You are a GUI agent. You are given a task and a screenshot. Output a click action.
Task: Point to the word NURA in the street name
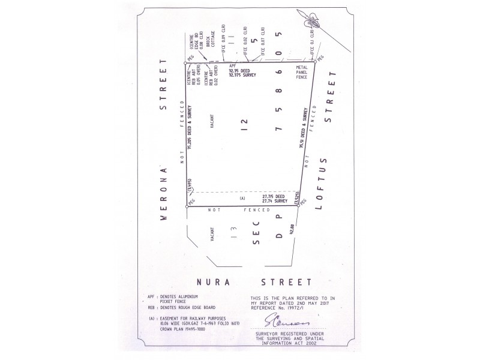coord(215,281)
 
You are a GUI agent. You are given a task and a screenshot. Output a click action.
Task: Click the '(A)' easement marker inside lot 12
coord(242,198)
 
